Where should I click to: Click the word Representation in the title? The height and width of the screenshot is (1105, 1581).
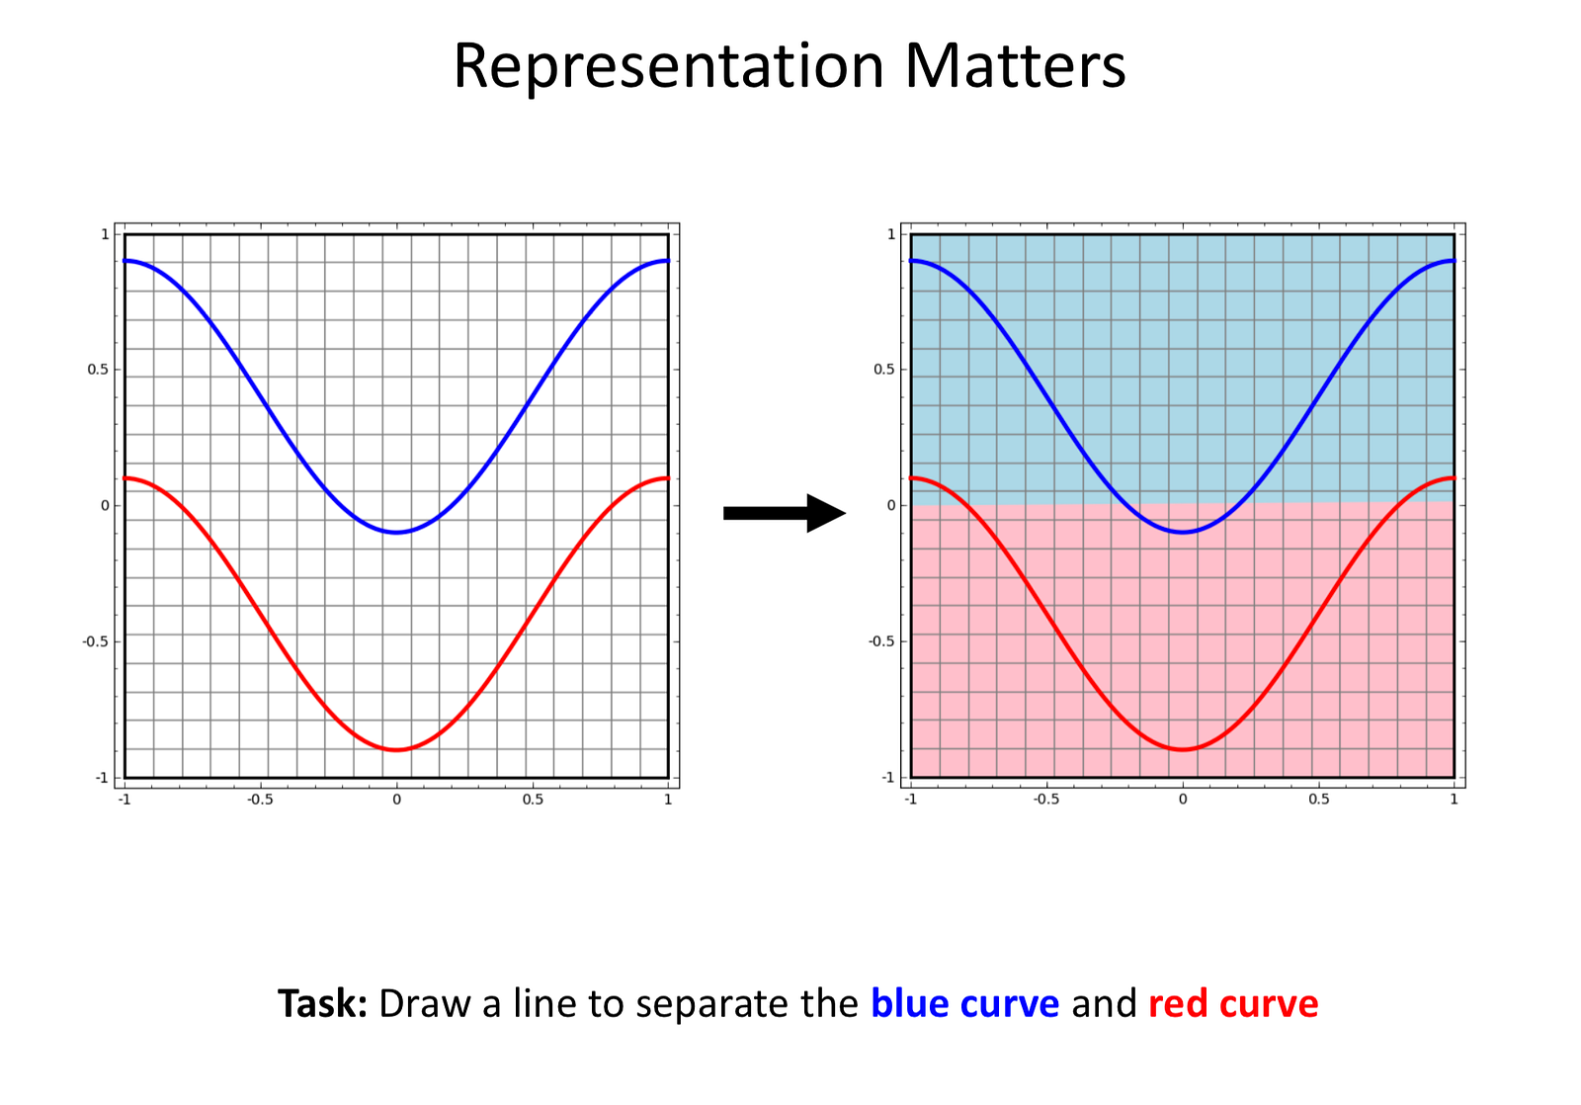tap(668, 67)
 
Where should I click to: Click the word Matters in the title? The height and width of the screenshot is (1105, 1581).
tap(1015, 65)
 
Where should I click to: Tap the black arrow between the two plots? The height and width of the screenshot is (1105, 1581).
tap(785, 513)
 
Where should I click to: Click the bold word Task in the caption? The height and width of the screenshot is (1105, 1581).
tap(322, 1003)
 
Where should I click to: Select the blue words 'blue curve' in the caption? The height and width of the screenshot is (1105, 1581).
tap(964, 1003)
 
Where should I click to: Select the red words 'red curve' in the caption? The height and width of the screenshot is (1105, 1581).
tap(1233, 1004)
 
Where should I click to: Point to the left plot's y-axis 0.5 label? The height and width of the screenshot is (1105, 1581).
tap(99, 370)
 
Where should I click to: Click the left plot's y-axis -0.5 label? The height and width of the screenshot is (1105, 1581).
tap(96, 641)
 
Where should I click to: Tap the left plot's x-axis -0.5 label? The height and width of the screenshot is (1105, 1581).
tap(260, 800)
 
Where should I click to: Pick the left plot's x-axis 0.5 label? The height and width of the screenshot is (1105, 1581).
tap(533, 800)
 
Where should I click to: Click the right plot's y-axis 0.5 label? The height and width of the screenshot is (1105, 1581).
tap(884, 370)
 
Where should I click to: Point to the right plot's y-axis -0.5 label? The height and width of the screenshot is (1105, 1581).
tap(881, 641)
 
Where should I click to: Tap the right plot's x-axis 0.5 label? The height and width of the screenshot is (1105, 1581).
tap(1318, 800)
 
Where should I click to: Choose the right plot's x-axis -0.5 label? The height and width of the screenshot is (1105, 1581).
tap(1046, 800)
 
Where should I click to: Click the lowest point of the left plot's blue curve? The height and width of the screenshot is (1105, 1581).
tap(396, 533)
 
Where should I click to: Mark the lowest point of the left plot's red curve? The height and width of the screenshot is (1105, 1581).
tap(396, 750)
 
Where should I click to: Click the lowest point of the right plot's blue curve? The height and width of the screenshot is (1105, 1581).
tap(1183, 533)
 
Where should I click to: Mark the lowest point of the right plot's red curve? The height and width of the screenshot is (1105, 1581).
tap(1183, 750)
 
